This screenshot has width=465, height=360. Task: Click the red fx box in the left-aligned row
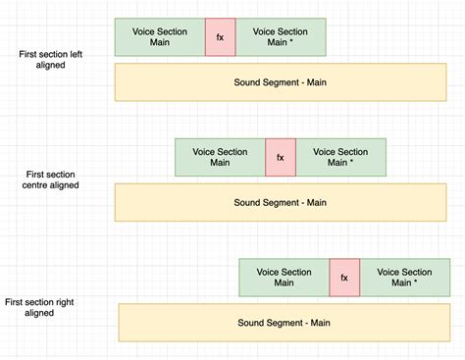tap(220, 37)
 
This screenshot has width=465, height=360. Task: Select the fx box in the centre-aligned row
tap(280, 157)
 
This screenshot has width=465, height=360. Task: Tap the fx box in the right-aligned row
tap(344, 278)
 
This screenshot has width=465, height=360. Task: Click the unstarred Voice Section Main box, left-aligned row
tap(160, 37)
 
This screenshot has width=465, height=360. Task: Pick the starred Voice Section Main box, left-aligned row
tap(280, 37)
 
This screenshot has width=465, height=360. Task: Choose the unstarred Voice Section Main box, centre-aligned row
tap(220, 157)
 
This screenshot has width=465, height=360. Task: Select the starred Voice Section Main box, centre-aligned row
tap(340, 157)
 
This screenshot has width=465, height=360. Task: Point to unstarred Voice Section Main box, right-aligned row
tap(284, 278)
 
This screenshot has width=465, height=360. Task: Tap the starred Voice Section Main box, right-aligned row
tap(404, 278)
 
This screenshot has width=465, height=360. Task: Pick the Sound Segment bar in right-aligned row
tap(283, 322)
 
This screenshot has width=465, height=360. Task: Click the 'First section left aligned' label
tap(50, 60)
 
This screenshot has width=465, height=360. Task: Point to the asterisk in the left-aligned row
tap(291, 43)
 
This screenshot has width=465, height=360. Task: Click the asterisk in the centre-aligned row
tap(352, 163)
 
